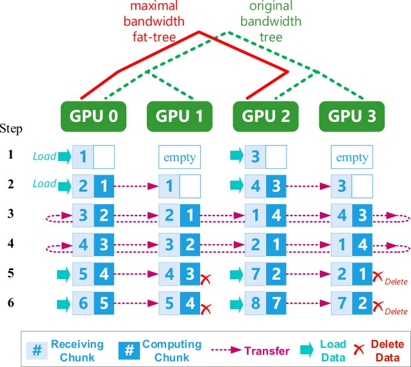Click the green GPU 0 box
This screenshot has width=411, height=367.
pyautogui.click(x=93, y=117)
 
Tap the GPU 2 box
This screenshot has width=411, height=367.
pyautogui.click(x=265, y=117)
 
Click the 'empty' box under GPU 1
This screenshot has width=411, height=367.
pyautogui.click(x=179, y=155)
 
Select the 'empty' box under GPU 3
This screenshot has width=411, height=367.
pyautogui.click(x=351, y=155)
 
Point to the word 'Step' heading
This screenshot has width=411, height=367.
pyautogui.click(x=12, y=130)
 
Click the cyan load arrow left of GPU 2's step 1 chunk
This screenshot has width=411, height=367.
pyautogui.click(x=235, y=155)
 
